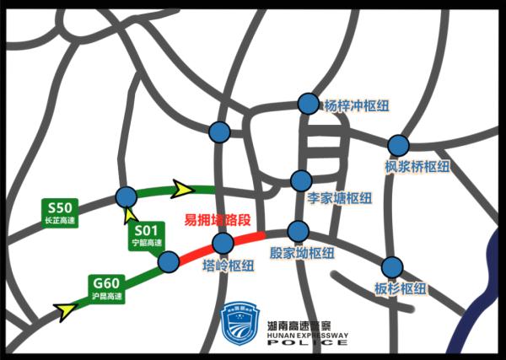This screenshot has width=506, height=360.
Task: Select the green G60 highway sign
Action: click(x=107, y=287)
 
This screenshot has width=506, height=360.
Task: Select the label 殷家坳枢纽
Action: click(x=302, y=253)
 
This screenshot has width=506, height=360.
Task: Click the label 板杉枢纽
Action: click(x=401, y=289)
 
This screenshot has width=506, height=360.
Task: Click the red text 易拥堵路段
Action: click(x=218, y=222)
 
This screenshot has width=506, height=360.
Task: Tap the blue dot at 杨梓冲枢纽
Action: click(x=310, y=104)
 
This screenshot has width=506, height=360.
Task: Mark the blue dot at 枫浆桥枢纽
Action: click(x=398, y=145)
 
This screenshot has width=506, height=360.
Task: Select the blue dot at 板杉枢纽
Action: click(x=392, y=267)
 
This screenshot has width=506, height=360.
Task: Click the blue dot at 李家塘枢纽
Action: click(x=300, y=180)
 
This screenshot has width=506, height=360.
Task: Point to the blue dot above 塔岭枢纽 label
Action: click(x=223, y=244)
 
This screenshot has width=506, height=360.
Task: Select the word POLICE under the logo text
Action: click(x=307, y=344)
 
